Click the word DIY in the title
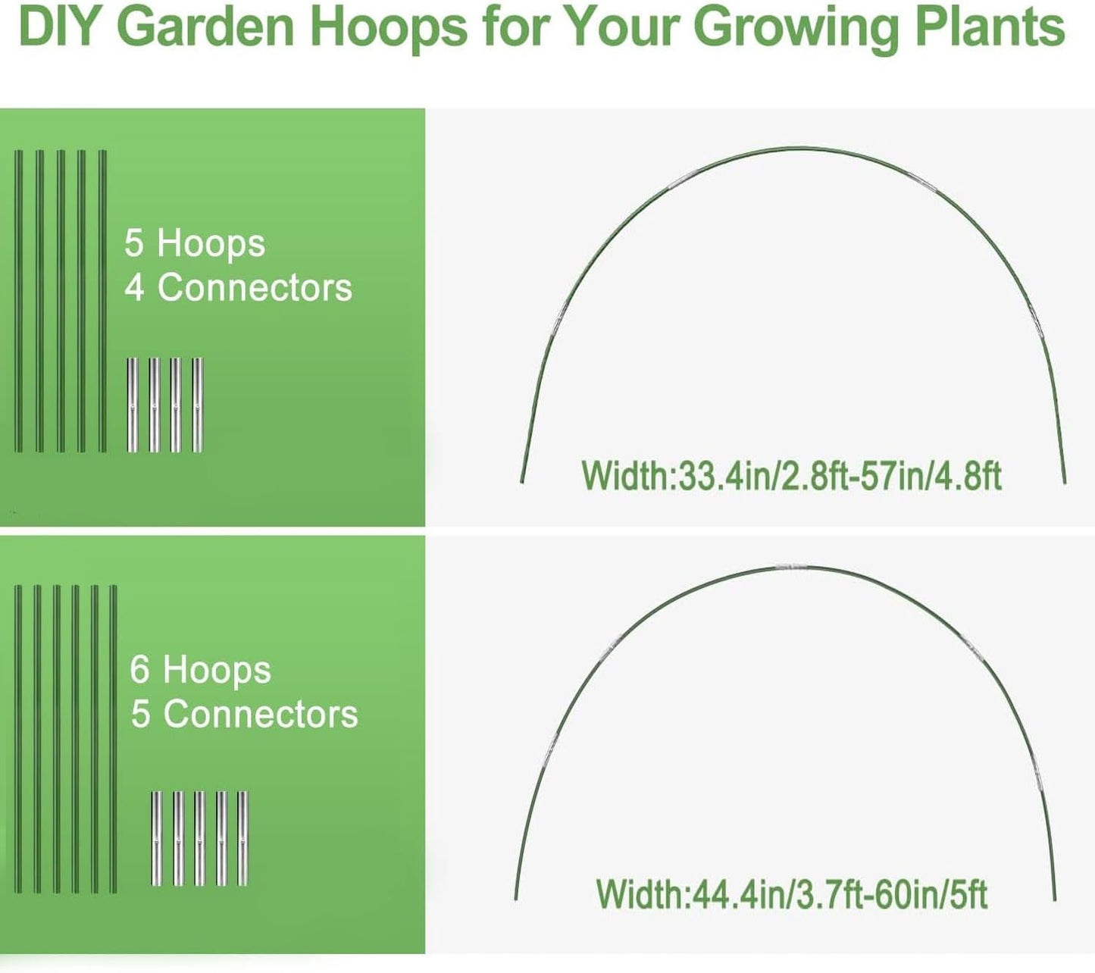tap(61, 27)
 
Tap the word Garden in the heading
tap(206, 27)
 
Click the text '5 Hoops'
tap(195, 244)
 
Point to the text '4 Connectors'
tap(239, 288)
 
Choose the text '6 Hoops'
tap(200, 671)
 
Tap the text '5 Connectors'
tap(244, 715)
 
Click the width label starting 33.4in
tap(791, 476)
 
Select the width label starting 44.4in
tap(791, 894)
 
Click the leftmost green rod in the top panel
tap(19, 301)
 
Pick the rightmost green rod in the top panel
tap(103, 301)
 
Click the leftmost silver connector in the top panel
tap(133, 405)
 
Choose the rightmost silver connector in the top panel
tap(198, 405)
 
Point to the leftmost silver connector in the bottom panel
tap(156, 838)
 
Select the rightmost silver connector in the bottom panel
tap(242, 838)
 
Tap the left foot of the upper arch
tap(522, 477)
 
